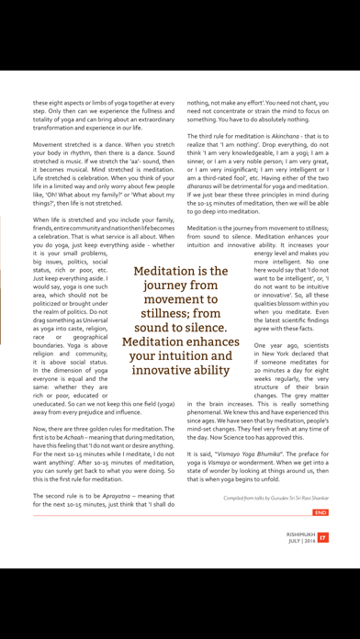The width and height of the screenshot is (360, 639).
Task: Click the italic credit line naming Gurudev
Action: pyautogui.click(x=276, y=498)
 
